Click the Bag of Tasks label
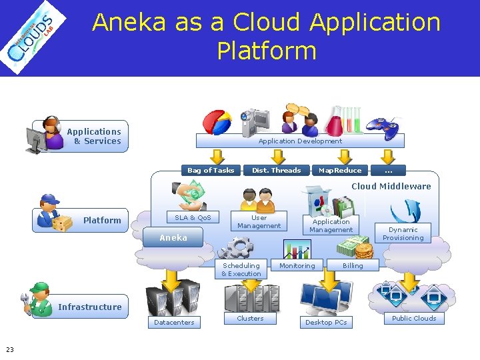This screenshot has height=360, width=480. point(211,170)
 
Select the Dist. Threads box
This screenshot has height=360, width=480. point(277,170)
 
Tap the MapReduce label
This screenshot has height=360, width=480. point(340,170)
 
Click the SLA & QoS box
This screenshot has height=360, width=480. point(193,218)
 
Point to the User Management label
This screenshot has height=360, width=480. point(259,222)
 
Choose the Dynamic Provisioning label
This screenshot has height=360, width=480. point(403,233)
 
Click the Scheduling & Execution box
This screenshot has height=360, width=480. point(241,269)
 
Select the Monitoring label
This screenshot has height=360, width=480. point(297,265)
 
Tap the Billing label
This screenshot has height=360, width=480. point(353,265)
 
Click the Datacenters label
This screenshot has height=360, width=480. point(174,322)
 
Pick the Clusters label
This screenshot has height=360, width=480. point(250,318)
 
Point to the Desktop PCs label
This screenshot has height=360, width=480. point(326,322)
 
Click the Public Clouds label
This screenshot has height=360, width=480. point(414,318)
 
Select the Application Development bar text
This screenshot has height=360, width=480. point(300,141)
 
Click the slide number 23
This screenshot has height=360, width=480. point(10,349)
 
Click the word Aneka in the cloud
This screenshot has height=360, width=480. point(173,238)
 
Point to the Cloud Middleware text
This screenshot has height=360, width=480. point(391,186)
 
